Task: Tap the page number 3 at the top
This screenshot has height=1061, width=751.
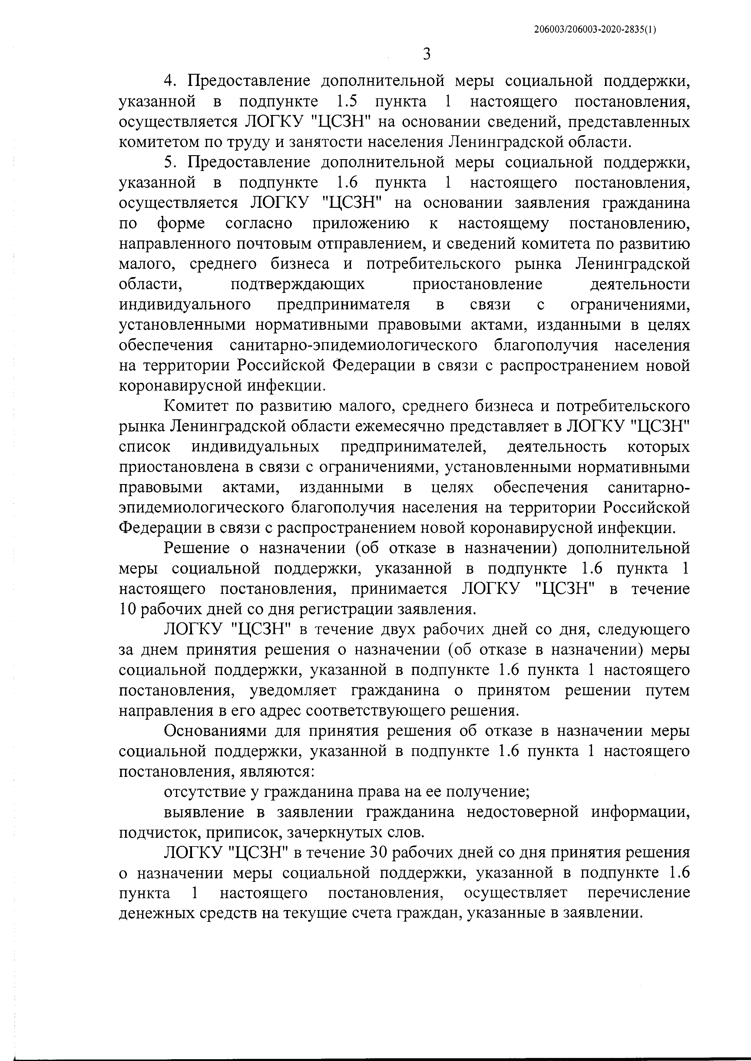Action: (x=427, y=54)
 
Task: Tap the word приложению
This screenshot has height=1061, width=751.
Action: (x=361, y=223)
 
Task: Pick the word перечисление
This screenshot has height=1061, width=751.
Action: (x=638, y=894)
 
